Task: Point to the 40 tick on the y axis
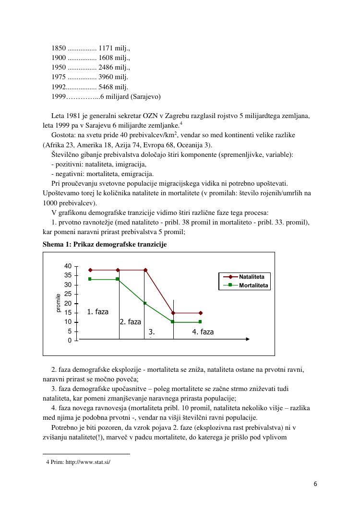pos(68,266)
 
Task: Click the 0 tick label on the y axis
pos(70,341)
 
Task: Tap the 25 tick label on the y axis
pos(68,294)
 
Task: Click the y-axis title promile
pos(59,303)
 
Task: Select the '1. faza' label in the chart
pos(98,312)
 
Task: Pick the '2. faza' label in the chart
pos(131,322)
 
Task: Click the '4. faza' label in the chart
pos(203,332)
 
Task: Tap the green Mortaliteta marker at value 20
pos(145,303)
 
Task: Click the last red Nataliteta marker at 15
pos(201,313)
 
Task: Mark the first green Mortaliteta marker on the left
pos(90,279)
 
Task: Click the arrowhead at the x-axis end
pos(248,339)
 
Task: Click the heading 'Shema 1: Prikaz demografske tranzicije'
pos(105,245)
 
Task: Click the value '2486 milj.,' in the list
pos(114,67)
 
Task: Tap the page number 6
pos(315,484)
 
